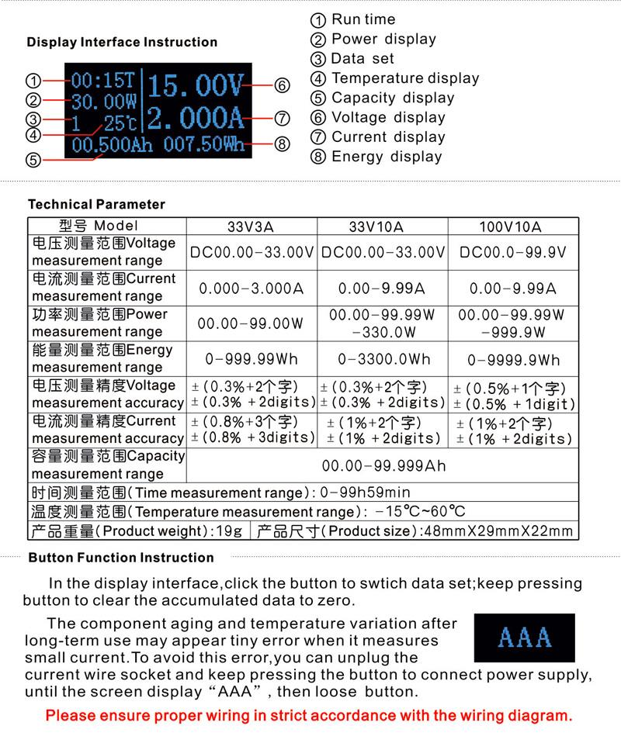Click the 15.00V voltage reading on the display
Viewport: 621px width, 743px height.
coord(196,85)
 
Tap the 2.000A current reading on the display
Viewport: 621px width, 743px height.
coord(196,119)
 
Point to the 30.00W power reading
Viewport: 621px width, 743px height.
coord(104,101)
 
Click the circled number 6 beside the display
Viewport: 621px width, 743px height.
coord(282,85)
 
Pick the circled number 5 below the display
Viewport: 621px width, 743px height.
coord(33,161)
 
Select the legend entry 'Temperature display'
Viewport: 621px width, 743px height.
coord(405,78)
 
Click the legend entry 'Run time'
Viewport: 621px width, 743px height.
coord(363,19)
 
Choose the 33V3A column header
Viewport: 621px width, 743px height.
coord(251,226)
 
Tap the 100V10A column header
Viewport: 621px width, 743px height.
coord(510,226)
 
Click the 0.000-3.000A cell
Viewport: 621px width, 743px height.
coord(251,288)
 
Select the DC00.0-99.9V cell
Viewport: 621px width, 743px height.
coord(512,252)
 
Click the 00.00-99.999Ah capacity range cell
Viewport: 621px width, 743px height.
coord(383,465)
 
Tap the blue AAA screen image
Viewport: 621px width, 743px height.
coord(525,638)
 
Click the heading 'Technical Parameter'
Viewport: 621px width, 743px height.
coord(96,205)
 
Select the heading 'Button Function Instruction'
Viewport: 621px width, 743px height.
coord(121,558)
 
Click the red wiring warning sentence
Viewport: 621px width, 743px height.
coord(308,716)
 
